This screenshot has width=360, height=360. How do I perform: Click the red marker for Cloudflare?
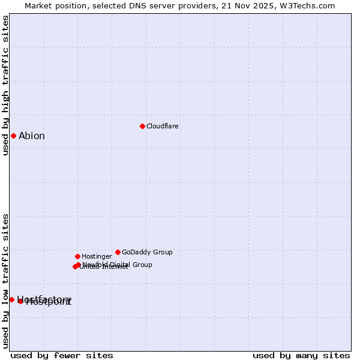pyautogui.click(x=142, y=126)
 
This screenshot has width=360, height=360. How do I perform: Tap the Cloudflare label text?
pyautogui.click(x=163, y=126)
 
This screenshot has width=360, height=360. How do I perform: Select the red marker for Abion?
pyautogui.click(x=13, y=136)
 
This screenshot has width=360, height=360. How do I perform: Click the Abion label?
pyautogui.click(x=32, y=136)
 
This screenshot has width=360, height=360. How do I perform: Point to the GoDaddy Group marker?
pyautogui.click(x=118, y=252)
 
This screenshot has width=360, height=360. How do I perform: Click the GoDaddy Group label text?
pyautogui.click(x=147, y=252)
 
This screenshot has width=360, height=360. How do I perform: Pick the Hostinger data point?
pyautogui.click(x=77, y=256)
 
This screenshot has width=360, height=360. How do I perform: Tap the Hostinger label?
pyautogui.click(x=97, y=256)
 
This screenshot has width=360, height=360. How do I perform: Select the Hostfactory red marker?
pyautogui.click(x=11, y=299)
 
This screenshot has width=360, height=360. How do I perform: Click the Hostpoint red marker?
pyautogui.click(x=20, y=301)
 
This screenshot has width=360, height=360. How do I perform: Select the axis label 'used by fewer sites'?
pyautogui.click(x=62, y=355)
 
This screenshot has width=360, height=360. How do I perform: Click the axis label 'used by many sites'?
pyautogui.click(x=301, y=355)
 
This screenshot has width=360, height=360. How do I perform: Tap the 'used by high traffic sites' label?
pyautogui.click(x=5, y=85)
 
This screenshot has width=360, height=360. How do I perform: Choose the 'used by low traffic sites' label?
pyautogui.click(x=5, y=280)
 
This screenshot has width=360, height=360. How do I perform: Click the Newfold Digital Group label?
pyautogui.click(x=118, y=265)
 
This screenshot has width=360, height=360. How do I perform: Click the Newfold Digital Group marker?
pyautogui.click(x=78, y=265)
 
